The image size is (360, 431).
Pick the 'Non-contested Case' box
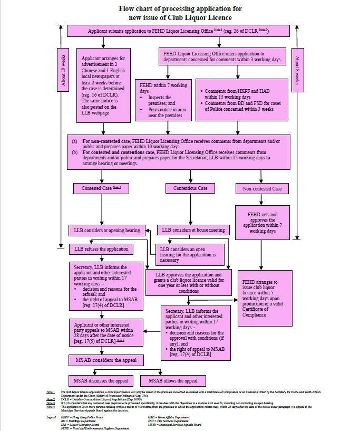[262, 188]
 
